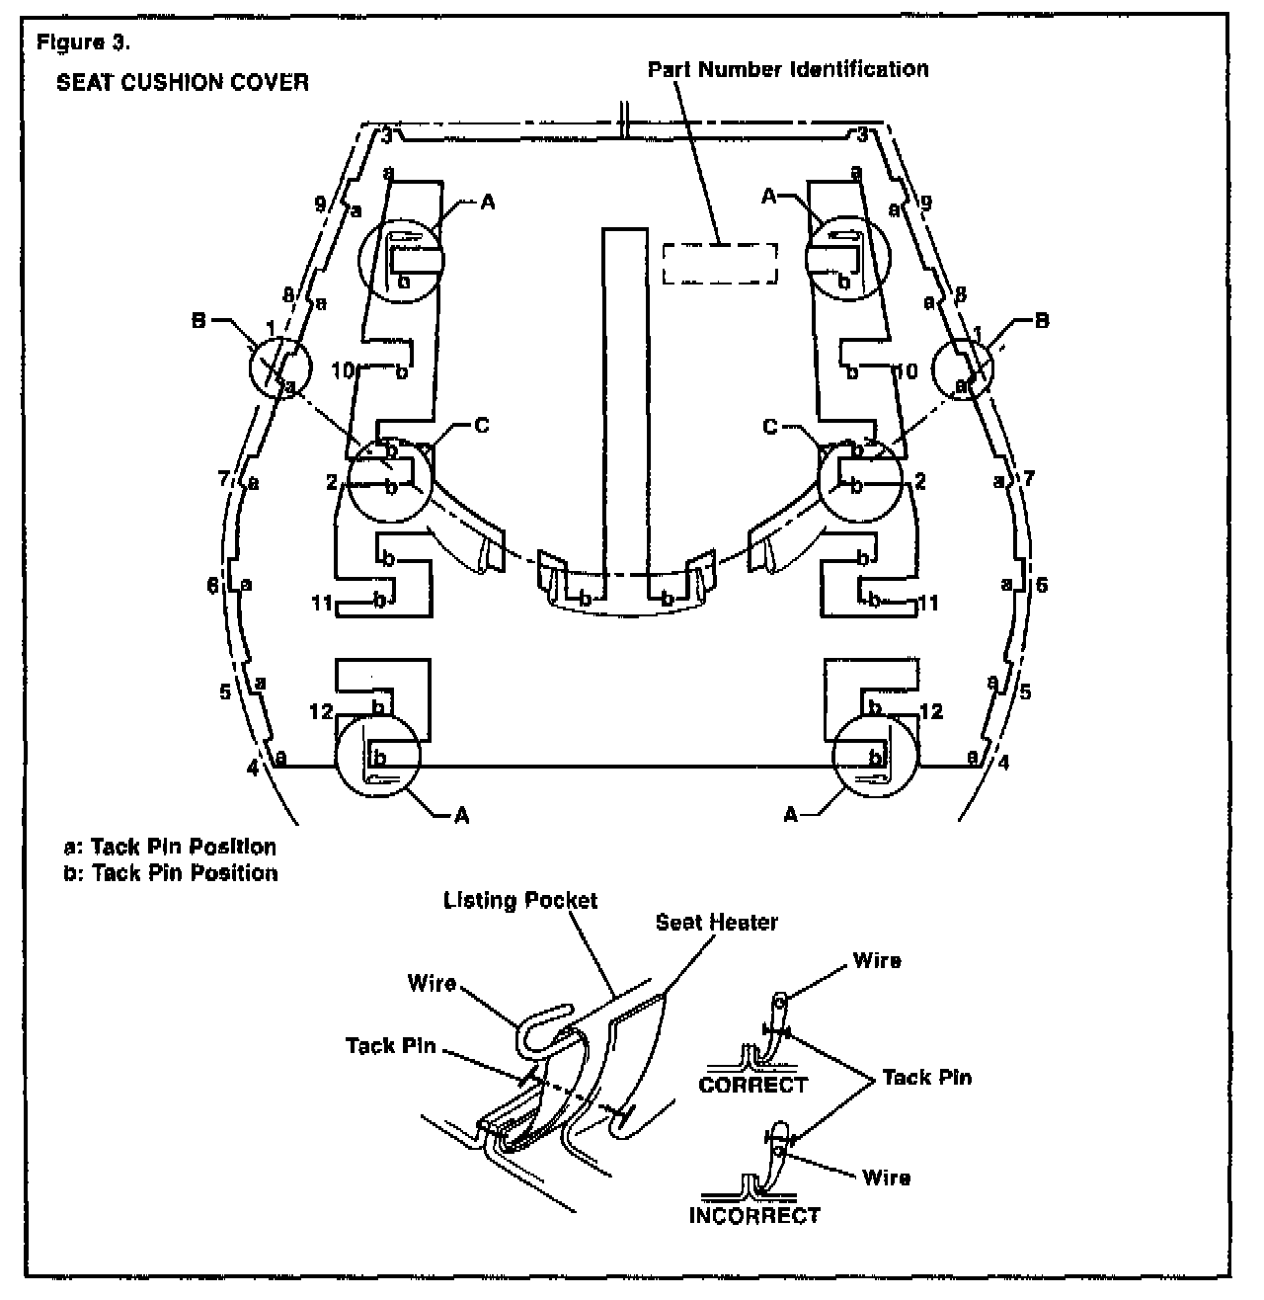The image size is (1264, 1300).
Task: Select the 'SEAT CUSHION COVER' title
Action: tap(182, 82)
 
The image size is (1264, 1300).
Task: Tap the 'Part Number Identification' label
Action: tap(787, 69)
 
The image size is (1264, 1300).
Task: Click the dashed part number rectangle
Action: tap(719, 264)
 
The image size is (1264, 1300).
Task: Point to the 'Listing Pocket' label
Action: tap(520, 901)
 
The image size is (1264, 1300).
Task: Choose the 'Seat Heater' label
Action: tap(716, 922)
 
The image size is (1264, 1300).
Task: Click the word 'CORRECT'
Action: tap(752, 1085)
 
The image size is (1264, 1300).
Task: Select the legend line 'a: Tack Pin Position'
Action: tap(169, 847)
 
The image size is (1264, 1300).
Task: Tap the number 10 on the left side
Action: tap(343, 371)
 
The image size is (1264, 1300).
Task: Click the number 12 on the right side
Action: tap(930, 711)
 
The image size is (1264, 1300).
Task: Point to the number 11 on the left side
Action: tap(321, 602)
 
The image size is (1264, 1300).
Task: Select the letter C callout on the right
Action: tap(771, 427)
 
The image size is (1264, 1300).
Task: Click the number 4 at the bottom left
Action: tap(253, 768)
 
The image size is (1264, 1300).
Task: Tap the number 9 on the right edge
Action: tap(925, 203)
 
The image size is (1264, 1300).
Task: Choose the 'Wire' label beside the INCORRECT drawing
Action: tap(886, 1178)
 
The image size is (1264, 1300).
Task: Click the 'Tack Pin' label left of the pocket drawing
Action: tap(391, 1045)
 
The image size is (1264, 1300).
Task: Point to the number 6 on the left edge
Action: tap(213, 586)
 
